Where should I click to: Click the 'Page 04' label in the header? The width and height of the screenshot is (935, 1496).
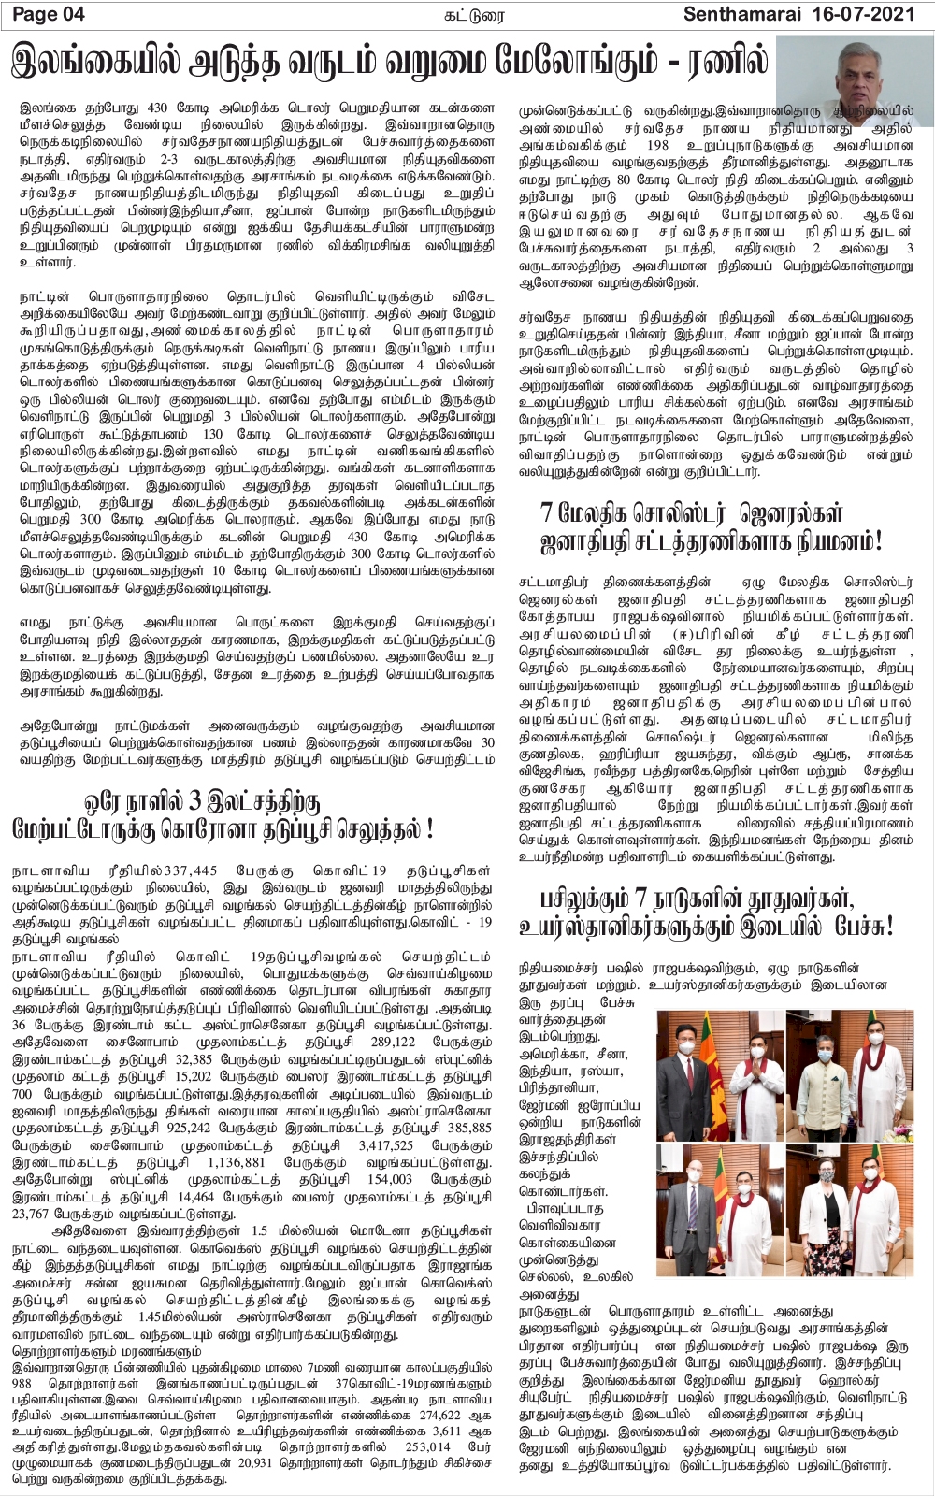click(48, 14)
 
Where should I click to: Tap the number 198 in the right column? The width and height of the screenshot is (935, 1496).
click(658, 145)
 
